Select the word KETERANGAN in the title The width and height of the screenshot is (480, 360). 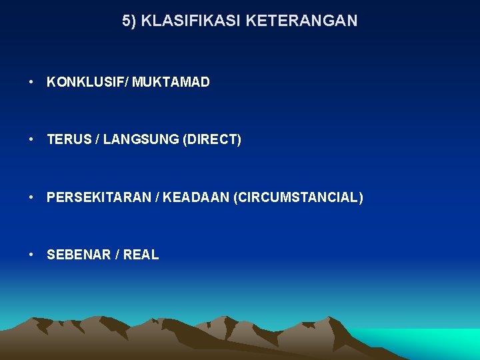point(301,21)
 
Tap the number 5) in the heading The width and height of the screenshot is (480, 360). point(129,21)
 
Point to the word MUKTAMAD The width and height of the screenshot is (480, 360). point(171,83)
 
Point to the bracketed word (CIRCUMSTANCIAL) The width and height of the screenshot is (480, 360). point(299,197)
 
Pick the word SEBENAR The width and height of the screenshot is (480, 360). point(75,255)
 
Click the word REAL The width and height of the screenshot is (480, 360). point(141,255)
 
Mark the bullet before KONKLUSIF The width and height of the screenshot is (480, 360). point(32,83)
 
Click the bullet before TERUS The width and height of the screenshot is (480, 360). point(32,140)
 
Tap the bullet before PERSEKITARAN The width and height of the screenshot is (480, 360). point(32,197)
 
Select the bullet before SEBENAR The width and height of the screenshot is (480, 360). point(32,255)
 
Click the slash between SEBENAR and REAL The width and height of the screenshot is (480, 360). point(115,255)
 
